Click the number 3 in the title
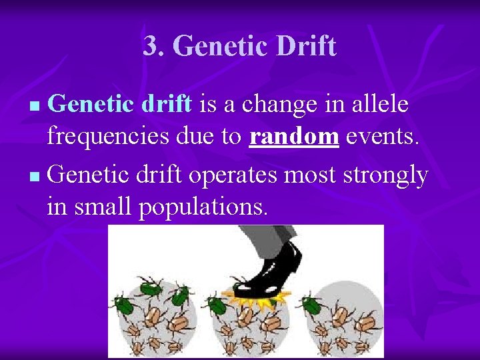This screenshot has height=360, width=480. point(151,46)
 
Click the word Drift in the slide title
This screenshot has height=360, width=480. point(303,46)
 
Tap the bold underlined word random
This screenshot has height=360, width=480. point(295,137)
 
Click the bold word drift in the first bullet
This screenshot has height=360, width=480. point(167,104)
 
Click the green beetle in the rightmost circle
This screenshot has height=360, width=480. point(311,305)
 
